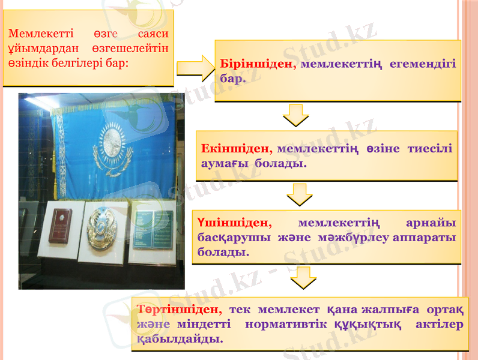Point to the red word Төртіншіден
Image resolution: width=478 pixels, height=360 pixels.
click(180, 310)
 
